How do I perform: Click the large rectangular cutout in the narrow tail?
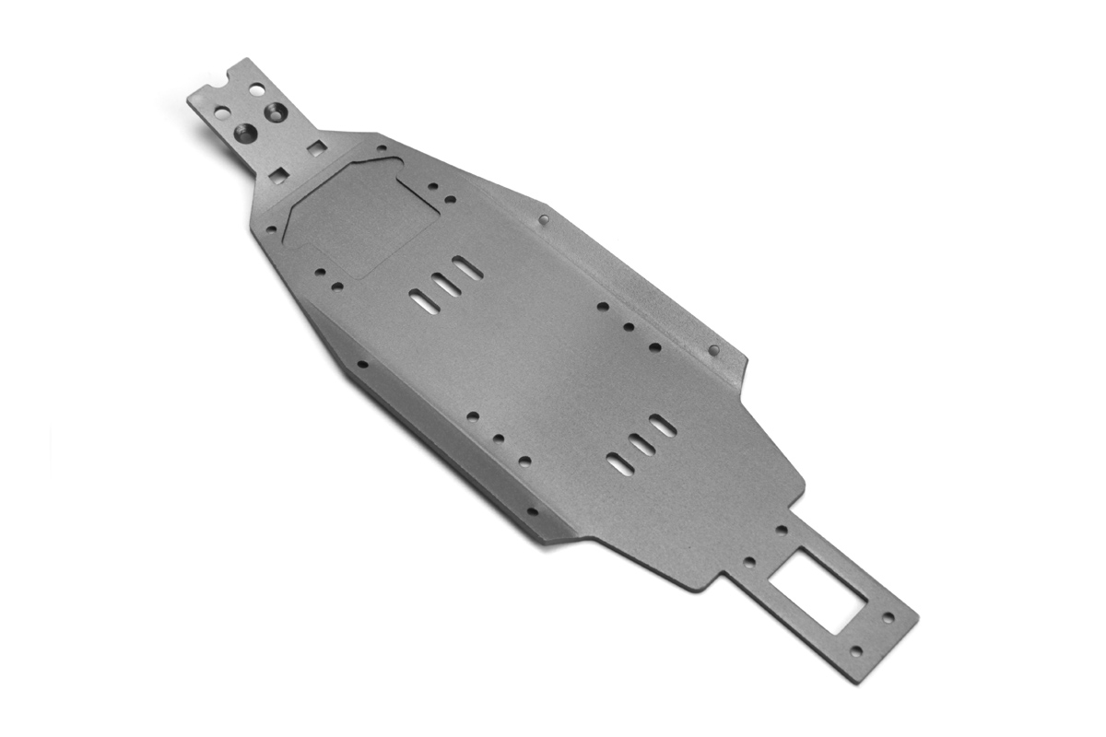(817, 590)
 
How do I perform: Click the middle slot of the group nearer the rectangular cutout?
(641, 445)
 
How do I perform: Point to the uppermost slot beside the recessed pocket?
(467, 268)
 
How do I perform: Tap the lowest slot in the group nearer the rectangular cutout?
(620, 464)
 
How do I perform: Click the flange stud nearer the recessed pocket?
(544, 219)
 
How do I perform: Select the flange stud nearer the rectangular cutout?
(713, 350)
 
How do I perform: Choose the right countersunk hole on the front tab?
(276, 112)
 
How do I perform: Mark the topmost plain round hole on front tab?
(256, 89)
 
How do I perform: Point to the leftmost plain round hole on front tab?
(222, 112)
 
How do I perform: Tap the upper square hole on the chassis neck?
(316, 147)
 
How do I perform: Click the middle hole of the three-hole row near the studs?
(629, 326)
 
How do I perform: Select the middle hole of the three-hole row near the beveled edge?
(499, 439)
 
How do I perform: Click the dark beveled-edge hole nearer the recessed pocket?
(362, 364)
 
